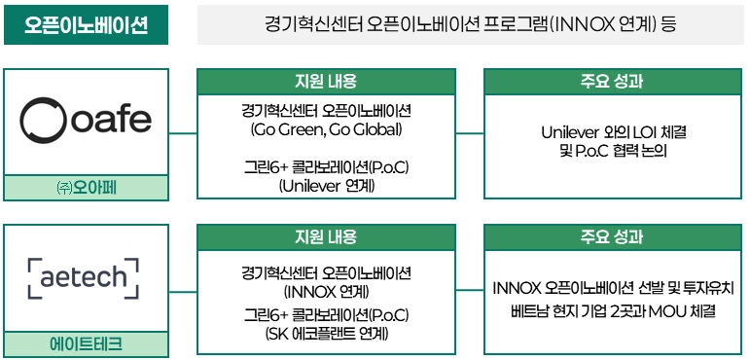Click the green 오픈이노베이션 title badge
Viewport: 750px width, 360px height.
pyautogui.click(x=87, y=25)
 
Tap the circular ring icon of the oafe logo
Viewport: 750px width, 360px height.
pyautogui.click(x=44, y=121)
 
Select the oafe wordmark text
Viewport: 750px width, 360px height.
pyautogui.click(x=111, y=120)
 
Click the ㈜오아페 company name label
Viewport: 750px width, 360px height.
pyautogui.click(x=87, y=188)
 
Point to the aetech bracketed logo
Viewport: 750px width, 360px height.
pyautogui.click(x=83, y=278)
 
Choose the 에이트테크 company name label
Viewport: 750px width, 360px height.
pyautogui.click(x=87, y=344)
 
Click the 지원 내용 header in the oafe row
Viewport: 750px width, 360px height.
pyautogui.click(x=326, y=82)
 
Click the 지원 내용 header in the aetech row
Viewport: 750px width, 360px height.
pyautogui.click(x=326, y=237)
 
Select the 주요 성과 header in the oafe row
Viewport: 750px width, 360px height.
pyautogui.click(x=613, y=82)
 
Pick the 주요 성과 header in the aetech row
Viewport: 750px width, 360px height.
pyautogui.click(x=613, y=237)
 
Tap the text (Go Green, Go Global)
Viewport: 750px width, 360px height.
pyautogui.click(x=326, y=129)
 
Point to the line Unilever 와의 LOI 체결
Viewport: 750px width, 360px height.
pyautogui.click(x=613, y=132)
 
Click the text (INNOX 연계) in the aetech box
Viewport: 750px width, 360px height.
pyautogui.click(x=326, y=291)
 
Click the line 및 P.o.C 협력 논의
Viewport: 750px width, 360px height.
pyautogui.click(x=613, y=151)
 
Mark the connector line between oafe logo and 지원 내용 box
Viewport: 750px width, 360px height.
pyautogui.click(x=183, y=133)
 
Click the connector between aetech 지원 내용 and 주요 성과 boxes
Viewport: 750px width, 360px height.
pyautogui.click(x=470, y=290)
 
